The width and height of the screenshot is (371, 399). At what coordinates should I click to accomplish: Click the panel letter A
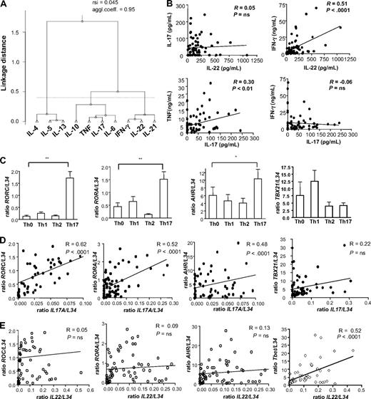pos(6,6)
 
